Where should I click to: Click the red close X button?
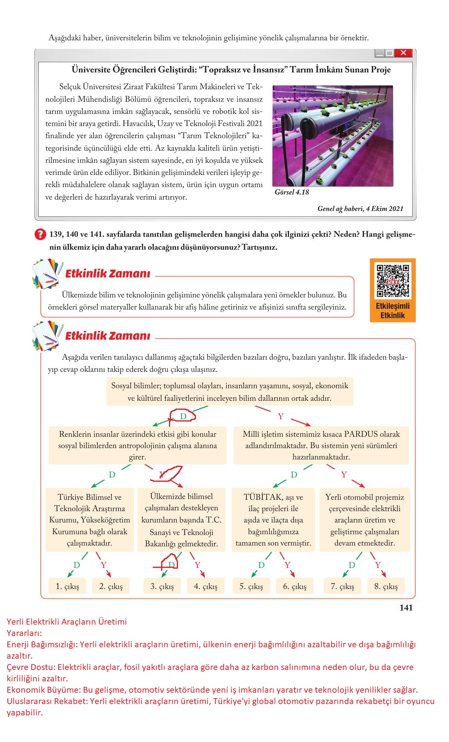point(403,53)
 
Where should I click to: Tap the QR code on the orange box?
point(393,281)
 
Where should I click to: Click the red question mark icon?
point(40,235)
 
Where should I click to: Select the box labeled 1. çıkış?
point(67,586)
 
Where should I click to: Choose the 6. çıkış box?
point(295,586)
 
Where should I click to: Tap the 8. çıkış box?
point(386,586)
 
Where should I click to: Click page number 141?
point(406,607)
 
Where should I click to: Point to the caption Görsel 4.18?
point(292,192)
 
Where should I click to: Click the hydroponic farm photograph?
point(332,136)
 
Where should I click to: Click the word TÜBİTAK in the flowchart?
point(262,497)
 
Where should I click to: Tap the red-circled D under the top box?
point(183,416)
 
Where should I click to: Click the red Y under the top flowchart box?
point(280,416)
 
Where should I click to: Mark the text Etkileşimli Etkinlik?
point(393,311)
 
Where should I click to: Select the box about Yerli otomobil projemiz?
point(365,520)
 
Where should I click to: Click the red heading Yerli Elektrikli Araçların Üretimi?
point(67,622)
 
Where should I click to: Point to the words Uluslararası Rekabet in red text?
point(47,701)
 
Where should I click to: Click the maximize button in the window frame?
point(389,53)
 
